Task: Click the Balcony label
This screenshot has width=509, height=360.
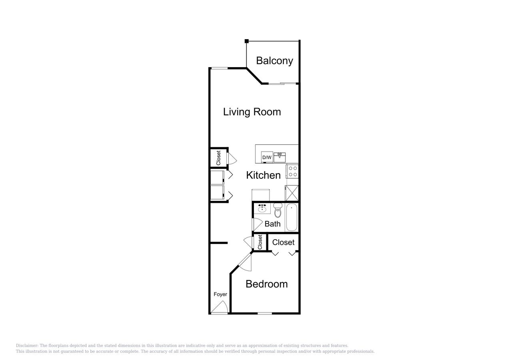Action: (x=274, y=61)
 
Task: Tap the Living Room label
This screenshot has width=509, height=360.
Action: (x=252, y=112)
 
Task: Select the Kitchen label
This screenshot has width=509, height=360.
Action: (x=263, y=175)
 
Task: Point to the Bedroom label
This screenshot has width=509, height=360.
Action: (x=266, y=284)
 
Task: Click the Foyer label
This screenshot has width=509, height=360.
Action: (x=220, y=294)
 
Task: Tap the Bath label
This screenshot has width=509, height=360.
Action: (x=272, y=224)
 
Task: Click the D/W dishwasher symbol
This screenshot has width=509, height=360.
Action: (x=267, y=158)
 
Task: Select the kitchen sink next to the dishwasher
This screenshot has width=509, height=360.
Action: (x=280, y=156)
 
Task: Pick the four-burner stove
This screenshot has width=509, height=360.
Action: (x=293, y=172)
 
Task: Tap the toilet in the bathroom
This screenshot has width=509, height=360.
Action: (x=278, y=210)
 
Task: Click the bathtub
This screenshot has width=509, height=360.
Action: (x=292, y=217)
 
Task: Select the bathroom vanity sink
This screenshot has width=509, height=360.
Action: (x=262, y=208)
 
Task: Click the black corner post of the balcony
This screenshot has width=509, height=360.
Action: (x=247, y=41)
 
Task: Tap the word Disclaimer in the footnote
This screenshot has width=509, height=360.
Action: (x=27, y=346)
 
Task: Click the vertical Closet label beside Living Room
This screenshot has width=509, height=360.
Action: (x=218, y=158)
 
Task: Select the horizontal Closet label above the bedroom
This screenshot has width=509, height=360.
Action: (x=283, y=242)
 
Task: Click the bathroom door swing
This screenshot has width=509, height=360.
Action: (x=256, y=224)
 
